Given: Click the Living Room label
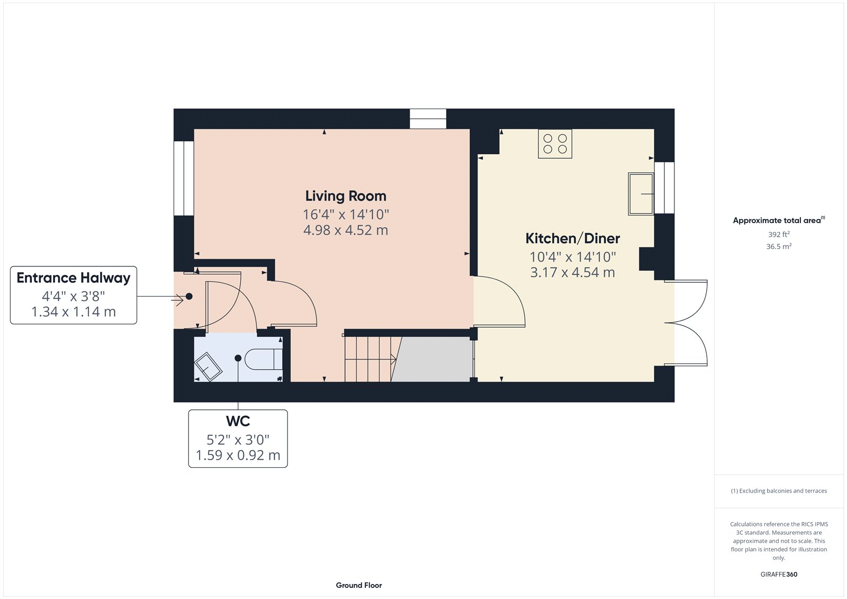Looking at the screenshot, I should (x=346, y=196).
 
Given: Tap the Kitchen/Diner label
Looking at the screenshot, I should (x=572, y=239).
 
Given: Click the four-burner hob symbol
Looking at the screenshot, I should (x=555, y=144).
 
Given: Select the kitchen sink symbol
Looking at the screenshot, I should (x=641, y=194).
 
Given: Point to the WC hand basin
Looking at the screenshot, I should (x=209, y=366).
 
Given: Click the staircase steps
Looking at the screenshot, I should (x=369, y=359).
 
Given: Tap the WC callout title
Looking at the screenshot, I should (x=238, y=422).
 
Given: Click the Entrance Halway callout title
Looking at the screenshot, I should (x=74, y=278).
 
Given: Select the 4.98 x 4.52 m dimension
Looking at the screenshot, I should (x=346, y=230).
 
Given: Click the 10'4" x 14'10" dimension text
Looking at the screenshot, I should (x=572, y=257).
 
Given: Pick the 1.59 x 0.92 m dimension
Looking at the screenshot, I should (x=238, y=455).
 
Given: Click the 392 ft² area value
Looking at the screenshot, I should (x=779, y=234).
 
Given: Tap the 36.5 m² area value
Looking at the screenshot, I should (x=779, y=246).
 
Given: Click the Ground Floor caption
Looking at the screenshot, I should (x=358, y=585).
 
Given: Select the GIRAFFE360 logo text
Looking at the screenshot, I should (x=779, y=574).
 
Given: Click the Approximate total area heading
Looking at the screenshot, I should (x=777, y=220).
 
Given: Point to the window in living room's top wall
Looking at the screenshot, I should (x=428, y=119).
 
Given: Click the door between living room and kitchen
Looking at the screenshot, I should (x=498, y=302).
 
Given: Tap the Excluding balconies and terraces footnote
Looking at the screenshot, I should (x=779, y=491).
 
